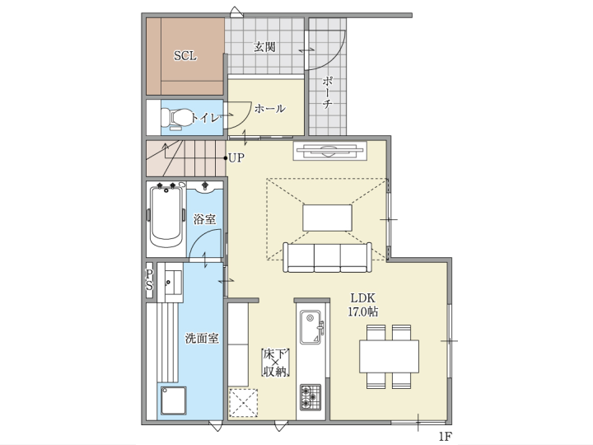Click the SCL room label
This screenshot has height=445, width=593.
[185, 56]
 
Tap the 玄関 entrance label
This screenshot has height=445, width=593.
[264, 47]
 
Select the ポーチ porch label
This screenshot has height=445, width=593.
[328, 92]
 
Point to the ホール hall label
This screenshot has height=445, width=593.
[269, 109]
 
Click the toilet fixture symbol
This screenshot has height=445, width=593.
[176, 118]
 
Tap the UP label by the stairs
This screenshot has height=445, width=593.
[236, 157]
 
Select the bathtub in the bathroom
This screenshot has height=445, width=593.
[166, 216]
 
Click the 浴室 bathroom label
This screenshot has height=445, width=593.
[204, 219]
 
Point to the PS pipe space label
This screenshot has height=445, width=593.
[149, 279]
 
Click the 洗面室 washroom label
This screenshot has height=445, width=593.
[202, 338]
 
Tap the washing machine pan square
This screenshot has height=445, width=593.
[174, 400]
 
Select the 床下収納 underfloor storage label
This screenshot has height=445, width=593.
[276, 363]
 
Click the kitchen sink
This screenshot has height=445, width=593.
[311, 327]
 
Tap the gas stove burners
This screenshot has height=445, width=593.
[311, 397]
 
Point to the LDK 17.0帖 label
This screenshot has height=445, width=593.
[363, 304]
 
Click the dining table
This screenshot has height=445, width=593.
[389, 357]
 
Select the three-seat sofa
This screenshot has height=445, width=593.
[328, 258]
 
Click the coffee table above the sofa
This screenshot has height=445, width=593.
[328, 218]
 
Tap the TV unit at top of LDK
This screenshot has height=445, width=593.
[330, 151]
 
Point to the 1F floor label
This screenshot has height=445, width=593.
[446, 436]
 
